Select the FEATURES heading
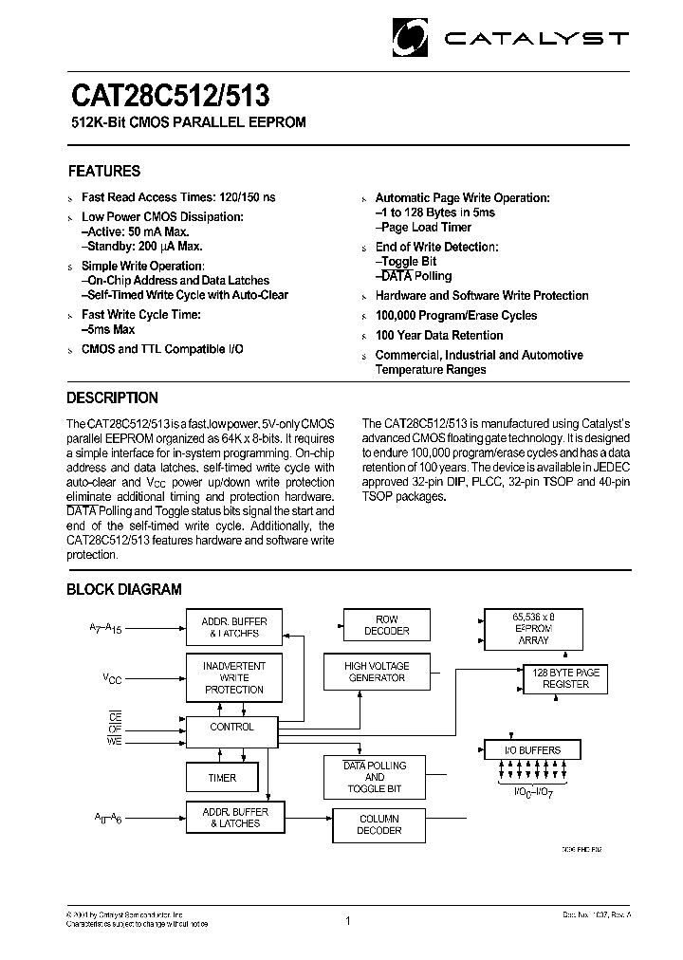104,172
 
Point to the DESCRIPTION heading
112,398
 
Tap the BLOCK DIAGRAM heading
123,589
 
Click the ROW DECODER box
387,625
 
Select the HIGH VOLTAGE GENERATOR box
376,672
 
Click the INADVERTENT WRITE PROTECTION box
234,677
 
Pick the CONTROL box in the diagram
232,728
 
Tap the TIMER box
222,778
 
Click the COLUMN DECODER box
379,824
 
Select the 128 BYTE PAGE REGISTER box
565,678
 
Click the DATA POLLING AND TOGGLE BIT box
375,777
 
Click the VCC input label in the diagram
113,678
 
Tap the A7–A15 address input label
105,628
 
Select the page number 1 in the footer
348,919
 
